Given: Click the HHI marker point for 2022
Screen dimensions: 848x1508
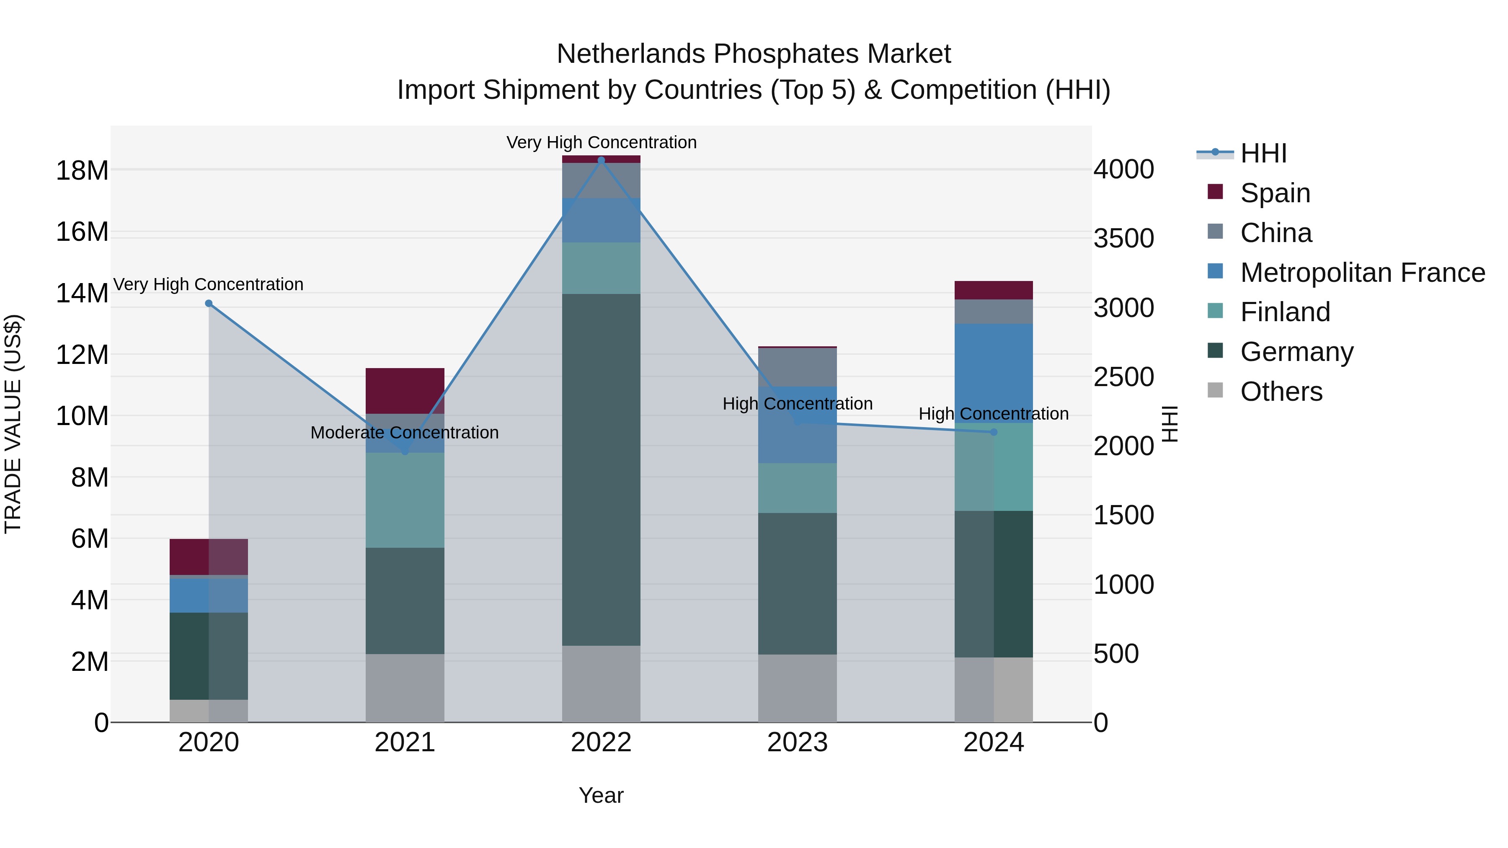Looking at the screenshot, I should point(601,160).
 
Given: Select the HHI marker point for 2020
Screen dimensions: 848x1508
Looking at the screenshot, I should point(209,303).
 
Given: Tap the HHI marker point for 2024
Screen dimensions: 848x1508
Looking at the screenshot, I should point(994,432).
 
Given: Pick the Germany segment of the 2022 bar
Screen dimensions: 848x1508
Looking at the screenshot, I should point(601,469).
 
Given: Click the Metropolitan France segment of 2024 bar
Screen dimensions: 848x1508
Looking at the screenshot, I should point(994,373).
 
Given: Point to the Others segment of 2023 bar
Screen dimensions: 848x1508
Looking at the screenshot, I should point(797,688).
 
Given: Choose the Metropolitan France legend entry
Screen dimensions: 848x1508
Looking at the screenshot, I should point(1362,273).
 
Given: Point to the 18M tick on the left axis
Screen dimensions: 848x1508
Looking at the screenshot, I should point(82,171).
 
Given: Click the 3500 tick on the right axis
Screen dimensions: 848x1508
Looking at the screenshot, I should point(1123,238).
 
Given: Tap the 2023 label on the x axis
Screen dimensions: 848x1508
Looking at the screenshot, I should point(797,742).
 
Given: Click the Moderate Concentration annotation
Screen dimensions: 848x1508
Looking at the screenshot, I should point(405,433).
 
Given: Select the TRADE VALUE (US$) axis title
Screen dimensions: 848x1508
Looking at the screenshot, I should point(13,424).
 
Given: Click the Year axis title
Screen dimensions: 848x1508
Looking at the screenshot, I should point(601,795).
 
